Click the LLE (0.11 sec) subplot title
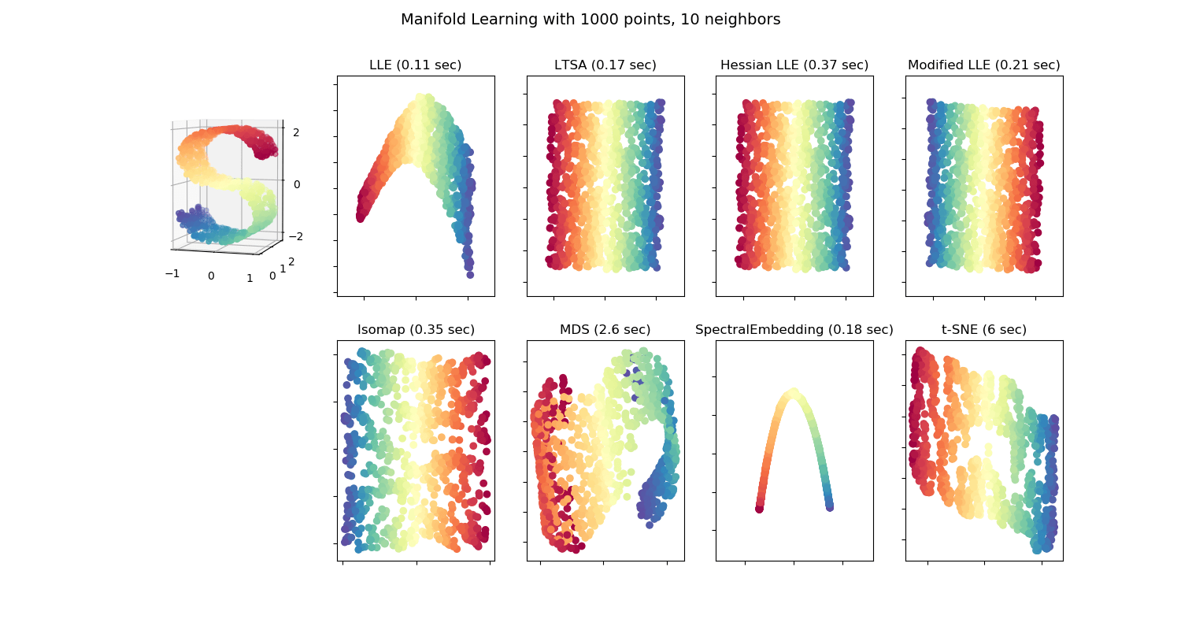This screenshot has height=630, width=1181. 416,65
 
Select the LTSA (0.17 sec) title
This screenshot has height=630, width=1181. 605,65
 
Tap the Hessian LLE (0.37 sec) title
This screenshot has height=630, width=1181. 794,65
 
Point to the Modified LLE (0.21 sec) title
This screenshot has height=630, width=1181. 983,65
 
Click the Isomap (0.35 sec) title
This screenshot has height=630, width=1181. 416,330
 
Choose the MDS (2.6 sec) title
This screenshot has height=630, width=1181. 605,330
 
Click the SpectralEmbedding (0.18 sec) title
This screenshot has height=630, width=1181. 794,330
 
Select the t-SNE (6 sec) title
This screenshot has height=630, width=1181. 983,330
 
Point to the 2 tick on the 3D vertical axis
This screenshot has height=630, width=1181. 296,132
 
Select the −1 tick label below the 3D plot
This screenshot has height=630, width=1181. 171,272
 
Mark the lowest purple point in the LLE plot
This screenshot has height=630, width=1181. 470,274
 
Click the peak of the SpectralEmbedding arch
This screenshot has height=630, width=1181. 794,391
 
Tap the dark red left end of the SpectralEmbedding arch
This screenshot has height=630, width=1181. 759,509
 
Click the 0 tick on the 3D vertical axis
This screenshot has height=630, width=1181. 296,184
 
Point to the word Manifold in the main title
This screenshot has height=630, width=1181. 432,20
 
